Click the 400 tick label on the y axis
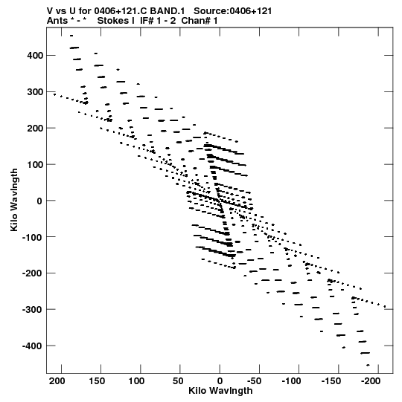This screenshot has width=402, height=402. tap(35, 56)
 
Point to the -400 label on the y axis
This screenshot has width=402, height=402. tap(32, 346)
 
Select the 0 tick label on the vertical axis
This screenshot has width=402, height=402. tap(39, 201)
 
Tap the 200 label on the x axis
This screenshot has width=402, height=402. tap(57, 381)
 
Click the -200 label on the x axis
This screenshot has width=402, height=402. tap(371, 381)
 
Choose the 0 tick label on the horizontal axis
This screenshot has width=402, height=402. tap(220, 381)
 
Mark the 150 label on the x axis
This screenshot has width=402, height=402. tap(97, 381)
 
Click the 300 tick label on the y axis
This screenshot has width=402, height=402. tap(35, 92)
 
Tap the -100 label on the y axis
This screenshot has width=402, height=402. tap(32, 237)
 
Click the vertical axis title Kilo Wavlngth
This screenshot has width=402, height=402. tap(14, 200)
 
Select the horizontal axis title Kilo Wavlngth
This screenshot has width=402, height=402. tap(220, 391)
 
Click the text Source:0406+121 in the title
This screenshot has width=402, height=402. tap(233, 11)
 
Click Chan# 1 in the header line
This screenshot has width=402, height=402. tap(200, 21)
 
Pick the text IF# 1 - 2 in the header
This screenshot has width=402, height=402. tap(158, 21)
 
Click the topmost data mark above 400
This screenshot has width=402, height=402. tap(71, 36)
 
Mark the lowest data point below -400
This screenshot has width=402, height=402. tap(368, 365)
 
